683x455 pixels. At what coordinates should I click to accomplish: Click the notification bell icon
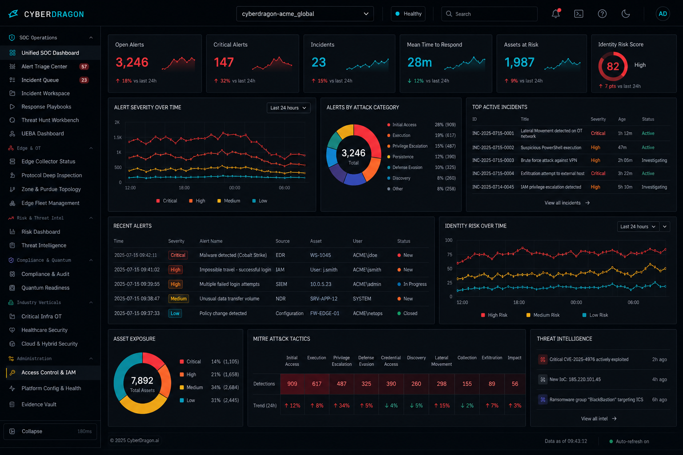pos(555,14)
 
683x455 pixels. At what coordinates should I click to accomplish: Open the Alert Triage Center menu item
pos(44,67)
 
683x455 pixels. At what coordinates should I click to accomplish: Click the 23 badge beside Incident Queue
pos(84,80)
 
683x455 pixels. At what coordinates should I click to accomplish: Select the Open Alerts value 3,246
pos(132,62)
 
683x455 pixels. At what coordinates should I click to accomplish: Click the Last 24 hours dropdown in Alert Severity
pos(288,108)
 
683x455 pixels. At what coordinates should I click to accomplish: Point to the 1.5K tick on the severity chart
pos(118,137)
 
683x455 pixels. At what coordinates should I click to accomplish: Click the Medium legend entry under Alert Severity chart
pos(229,201)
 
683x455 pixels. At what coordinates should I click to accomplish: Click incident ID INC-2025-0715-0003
pos(493,160)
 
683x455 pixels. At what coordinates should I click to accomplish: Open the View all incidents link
pos(567,203)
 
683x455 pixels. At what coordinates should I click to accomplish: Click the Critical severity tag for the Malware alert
pos(178,255)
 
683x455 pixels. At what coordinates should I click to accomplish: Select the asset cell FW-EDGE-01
pos(325,313)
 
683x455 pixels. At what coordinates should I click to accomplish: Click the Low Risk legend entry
pos(595,315)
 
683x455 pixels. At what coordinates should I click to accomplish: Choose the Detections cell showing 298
pos(441,384)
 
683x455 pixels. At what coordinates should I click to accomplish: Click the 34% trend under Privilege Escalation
pos(341,406)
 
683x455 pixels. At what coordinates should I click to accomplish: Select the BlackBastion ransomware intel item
pos(596,399)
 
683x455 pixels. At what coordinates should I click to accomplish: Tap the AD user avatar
pos(663,14)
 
